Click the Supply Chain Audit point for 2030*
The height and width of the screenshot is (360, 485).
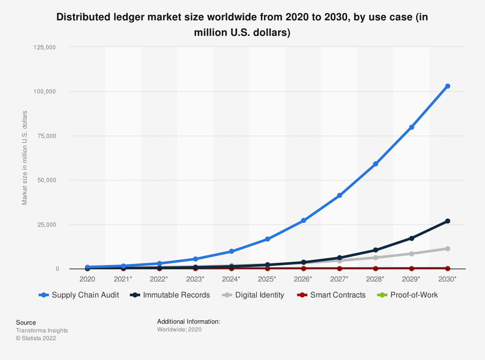[448, 86]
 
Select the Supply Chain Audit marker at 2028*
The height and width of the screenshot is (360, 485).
[375, 164]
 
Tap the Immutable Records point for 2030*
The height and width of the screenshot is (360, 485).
[448, 221]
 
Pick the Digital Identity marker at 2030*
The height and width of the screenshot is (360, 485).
[448, 249]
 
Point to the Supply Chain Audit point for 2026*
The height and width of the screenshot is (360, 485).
[304, 220]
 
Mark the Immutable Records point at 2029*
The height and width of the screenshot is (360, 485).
[412, 238]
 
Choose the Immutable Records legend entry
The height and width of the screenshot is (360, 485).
[170, 295]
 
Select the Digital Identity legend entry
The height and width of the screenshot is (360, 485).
[254, 295]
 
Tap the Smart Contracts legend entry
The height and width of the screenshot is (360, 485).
[332, 295]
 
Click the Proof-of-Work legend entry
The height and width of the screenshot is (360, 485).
[408, 295]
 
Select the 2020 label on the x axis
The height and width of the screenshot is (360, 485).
[87, 280]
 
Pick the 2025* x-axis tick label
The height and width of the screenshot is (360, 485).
[267, 280]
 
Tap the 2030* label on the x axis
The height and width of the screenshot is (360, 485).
[448, 280]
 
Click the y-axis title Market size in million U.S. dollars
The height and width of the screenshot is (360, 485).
[25, 158]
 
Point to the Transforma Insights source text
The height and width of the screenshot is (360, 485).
[42, 330]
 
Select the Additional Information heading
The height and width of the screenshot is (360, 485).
[189, 321]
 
